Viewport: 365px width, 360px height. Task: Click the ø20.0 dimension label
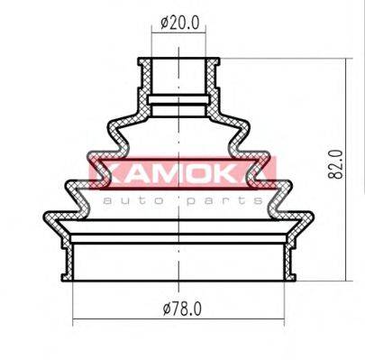179,23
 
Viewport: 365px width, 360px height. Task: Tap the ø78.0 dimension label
182,309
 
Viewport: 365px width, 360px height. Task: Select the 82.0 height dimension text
335,164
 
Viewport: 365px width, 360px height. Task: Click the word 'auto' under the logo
133,200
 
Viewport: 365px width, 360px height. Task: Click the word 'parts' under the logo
224,201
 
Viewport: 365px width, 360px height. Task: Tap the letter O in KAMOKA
197,173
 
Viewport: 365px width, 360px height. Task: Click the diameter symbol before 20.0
164,23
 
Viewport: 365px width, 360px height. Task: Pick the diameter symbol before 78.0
167,309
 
